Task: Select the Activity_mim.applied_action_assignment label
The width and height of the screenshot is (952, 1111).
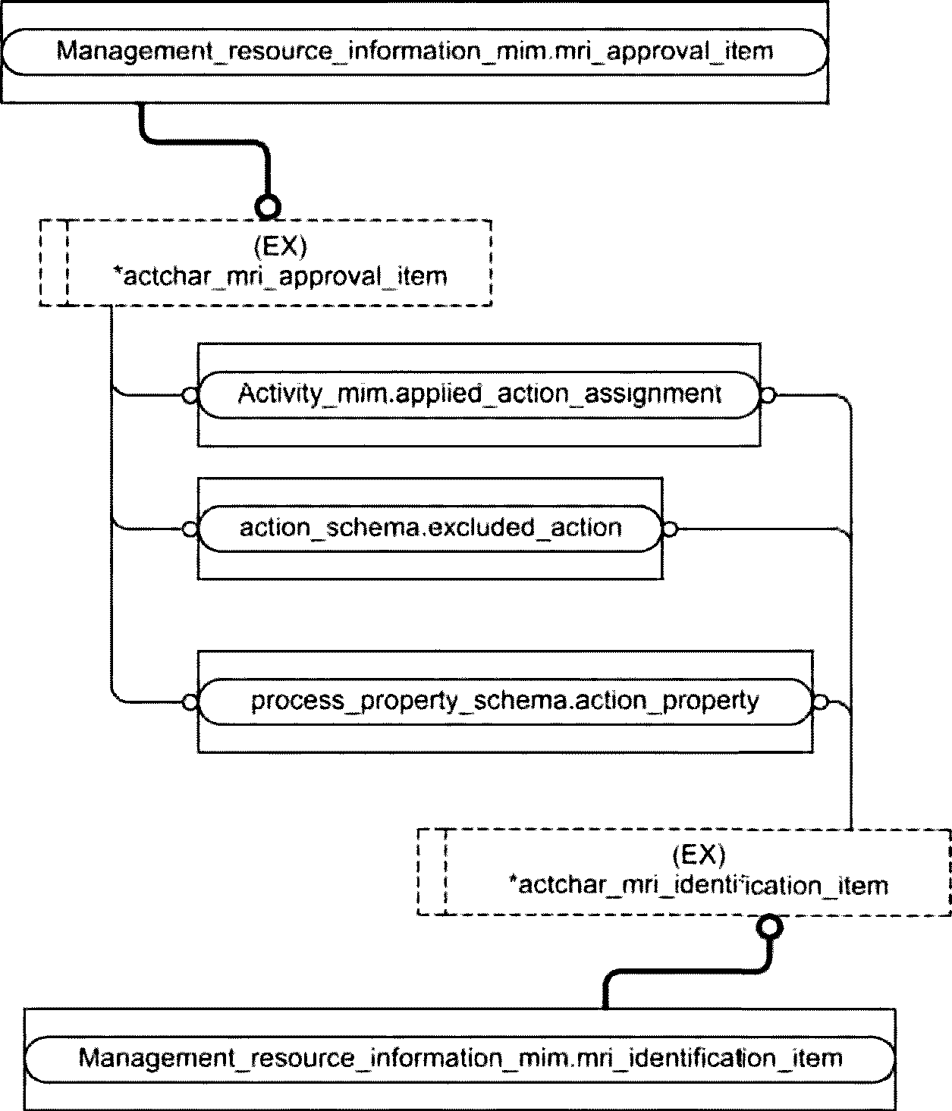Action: click(x=479, y=394)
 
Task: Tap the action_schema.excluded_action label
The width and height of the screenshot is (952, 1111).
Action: click(x=431, y=528)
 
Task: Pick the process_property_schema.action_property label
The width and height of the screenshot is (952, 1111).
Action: click(x=504, y=701)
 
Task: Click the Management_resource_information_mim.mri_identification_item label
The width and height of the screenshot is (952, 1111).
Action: click(x=460, y=1058)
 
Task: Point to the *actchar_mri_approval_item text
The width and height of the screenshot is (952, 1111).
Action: click(x=280, y=277)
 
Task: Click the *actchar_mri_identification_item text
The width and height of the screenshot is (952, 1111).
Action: click(x=699, y=885)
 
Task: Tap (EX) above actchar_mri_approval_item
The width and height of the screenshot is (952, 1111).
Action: click(x=280, y=246)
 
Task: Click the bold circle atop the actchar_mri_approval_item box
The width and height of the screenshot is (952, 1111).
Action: click(x=267, y=207)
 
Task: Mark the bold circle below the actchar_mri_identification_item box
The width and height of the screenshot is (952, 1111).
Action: click(x=769, y=927)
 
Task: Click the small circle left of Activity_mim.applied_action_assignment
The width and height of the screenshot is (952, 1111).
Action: click(x=190, y=396)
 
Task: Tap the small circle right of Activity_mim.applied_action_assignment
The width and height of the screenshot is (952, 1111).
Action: click(x=768, y=396)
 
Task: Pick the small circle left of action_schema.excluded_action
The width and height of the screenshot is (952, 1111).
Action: click(x=190, y=529)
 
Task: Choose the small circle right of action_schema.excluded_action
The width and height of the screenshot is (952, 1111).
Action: click(x=670, y=529)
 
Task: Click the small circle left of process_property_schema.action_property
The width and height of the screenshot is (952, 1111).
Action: click(x=190, y=702)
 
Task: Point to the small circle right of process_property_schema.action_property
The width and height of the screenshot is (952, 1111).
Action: click(x=820, y=702)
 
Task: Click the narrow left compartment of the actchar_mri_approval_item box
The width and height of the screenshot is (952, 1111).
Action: click(x=54, y=263)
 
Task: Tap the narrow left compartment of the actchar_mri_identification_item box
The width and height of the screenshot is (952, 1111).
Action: click(x=432, y=872)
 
